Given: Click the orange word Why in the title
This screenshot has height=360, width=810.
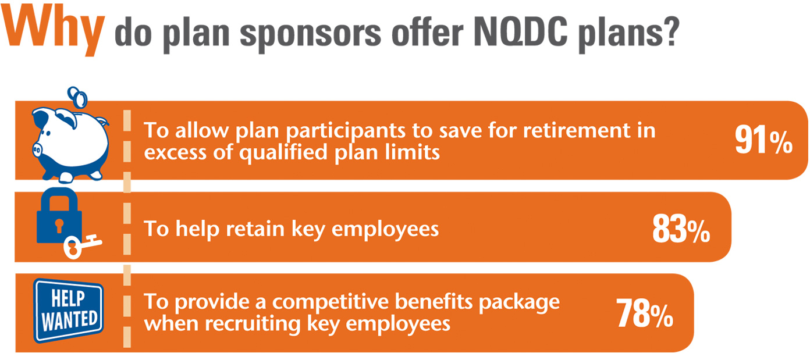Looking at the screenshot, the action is click(x=54, y=29).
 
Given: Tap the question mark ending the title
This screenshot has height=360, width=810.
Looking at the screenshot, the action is click(x=671, y=32).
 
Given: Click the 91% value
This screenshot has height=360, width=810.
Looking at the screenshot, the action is click(x=763, y=140).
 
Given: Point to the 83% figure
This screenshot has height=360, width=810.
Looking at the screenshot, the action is click(x=681, y=229).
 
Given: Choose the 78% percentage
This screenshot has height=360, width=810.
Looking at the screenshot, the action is click(x=644, y=313).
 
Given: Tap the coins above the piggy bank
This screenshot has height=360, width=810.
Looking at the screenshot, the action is click(x=77, y=97).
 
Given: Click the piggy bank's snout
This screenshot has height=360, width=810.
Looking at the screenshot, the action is click(x=37, y=149).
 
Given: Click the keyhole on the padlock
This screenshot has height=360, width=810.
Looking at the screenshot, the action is click(x=59, y=226).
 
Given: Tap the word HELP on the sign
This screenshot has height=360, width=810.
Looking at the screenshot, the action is click(x=68, y=298).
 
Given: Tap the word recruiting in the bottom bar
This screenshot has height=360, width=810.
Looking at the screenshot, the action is click(x=253, y=324).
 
